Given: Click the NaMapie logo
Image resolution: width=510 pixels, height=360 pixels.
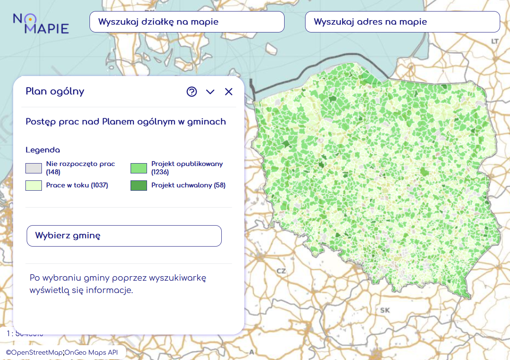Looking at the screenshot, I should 41,23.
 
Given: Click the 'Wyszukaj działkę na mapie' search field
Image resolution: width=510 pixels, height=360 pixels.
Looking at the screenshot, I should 187,22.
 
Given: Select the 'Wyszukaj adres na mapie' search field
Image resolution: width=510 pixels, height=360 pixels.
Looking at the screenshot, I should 402,22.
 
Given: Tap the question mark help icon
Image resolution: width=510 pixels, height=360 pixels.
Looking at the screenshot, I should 192,92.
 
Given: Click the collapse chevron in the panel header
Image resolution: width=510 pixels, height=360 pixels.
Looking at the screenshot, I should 210,92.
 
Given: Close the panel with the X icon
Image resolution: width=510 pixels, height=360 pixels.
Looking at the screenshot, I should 229,92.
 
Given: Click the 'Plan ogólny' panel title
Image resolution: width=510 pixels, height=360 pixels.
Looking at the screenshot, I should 55,91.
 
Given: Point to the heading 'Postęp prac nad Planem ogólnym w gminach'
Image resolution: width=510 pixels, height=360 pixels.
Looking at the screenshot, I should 126,122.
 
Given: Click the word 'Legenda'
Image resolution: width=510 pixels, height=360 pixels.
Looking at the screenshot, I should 43,150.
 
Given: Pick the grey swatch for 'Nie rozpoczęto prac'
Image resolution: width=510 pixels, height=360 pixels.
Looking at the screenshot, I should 34,168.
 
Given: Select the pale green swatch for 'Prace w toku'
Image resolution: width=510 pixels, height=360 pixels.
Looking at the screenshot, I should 34,185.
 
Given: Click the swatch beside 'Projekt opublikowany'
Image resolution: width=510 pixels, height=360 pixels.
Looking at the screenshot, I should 139,168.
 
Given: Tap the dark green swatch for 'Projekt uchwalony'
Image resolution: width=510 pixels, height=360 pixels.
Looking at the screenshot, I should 139,185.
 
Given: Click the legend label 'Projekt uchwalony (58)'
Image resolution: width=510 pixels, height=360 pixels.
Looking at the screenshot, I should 188,185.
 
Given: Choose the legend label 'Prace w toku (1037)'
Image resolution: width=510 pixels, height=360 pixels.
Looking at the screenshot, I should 77,185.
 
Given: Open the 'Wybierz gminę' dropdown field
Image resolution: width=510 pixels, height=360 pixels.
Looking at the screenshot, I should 124,236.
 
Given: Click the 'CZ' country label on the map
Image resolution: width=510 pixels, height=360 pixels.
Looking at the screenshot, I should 281,271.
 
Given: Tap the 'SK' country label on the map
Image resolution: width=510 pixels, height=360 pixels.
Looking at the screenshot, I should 385,310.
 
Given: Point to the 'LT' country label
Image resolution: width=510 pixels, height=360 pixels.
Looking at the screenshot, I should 495,42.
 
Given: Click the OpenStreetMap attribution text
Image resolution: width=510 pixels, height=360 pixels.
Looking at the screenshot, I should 34,353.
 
